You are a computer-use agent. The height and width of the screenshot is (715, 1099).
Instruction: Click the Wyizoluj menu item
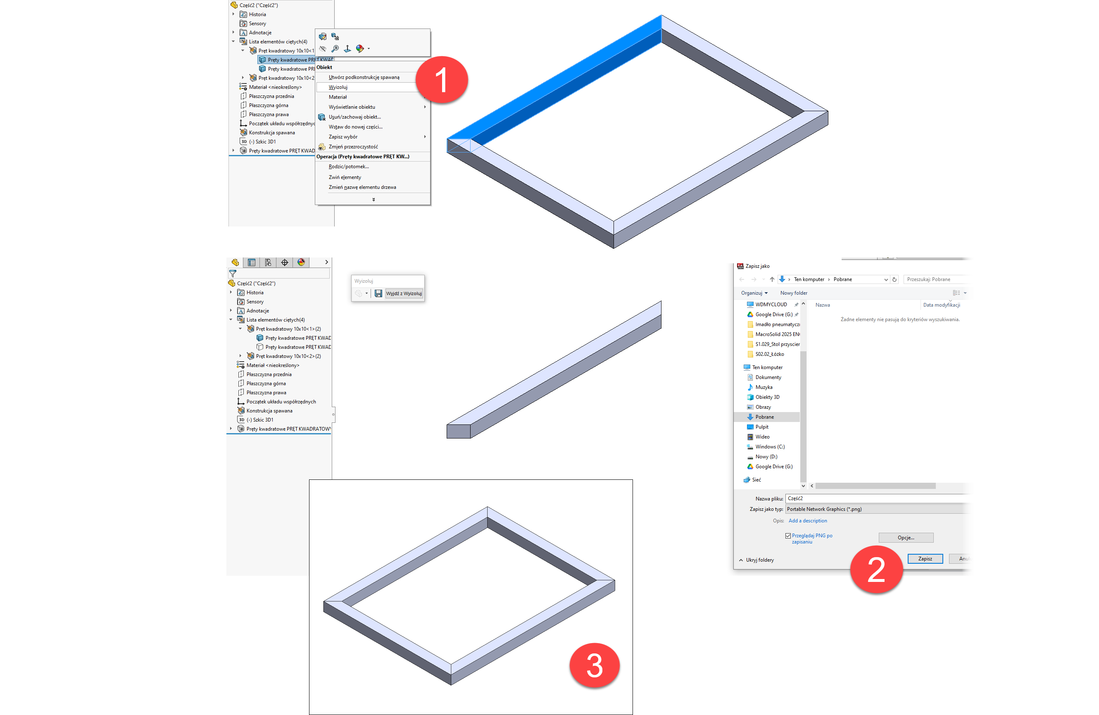coord(338,87)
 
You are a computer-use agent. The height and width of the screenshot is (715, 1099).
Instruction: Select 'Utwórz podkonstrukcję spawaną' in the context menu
coord(364,77)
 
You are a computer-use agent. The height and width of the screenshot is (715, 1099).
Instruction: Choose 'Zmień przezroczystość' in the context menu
coord(353,147)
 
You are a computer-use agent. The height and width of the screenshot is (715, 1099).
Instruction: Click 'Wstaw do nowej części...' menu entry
coord(356,127)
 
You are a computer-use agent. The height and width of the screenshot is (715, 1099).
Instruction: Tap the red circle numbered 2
coord(876,570)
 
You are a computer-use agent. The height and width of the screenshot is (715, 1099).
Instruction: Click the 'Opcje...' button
coord(906,538)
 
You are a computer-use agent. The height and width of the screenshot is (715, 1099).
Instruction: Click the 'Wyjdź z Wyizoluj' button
coord(404,293)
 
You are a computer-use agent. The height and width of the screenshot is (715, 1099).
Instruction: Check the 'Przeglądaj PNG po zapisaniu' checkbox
coord(788,536)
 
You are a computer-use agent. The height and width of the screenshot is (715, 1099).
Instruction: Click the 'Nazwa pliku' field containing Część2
coord(878,498)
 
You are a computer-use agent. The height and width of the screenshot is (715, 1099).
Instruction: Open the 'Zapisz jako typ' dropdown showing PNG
coord(878,509)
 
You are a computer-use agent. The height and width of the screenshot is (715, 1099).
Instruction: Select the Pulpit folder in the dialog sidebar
coord(761,427)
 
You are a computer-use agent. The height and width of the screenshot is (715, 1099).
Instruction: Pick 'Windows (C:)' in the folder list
coord(770,447)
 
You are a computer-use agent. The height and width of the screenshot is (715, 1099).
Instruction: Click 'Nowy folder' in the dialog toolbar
coord(794,293)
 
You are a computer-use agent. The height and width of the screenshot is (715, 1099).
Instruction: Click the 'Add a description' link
coord(808,521)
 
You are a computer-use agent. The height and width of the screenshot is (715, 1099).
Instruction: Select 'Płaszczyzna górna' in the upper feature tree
coord(268,105)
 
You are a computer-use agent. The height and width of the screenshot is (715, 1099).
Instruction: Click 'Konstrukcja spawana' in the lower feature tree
coord(269,411)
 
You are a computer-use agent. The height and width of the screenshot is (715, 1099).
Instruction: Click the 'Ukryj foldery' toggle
coord(756,560)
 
